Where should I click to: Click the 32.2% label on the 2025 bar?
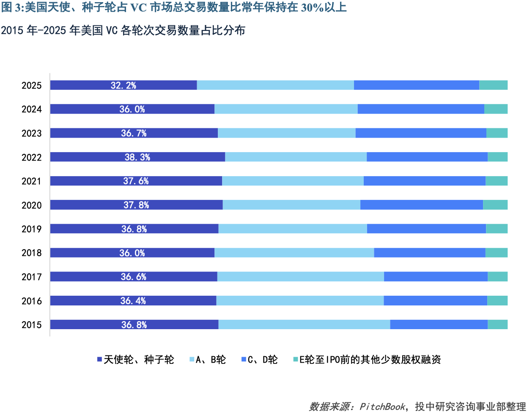(124, 85)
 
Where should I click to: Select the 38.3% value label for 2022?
(137, 157)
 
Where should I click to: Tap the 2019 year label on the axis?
(32, 229)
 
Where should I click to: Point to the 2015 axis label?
(32, 325)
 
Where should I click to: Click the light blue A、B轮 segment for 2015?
(304, 324)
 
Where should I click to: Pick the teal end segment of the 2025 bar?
(493, 85)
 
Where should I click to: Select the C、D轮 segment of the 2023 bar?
(421, 133)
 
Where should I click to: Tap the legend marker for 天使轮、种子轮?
(100, 360)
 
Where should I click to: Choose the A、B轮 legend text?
(211, 360)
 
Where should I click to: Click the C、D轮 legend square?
(244, 360)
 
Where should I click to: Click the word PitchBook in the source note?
(382, 407)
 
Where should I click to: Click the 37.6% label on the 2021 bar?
(136, 181)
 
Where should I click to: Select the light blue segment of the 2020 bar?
(291, 205)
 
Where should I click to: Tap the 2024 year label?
(32, 109)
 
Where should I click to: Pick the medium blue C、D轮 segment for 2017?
(436, 277)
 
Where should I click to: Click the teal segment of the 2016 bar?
(497, 301)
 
